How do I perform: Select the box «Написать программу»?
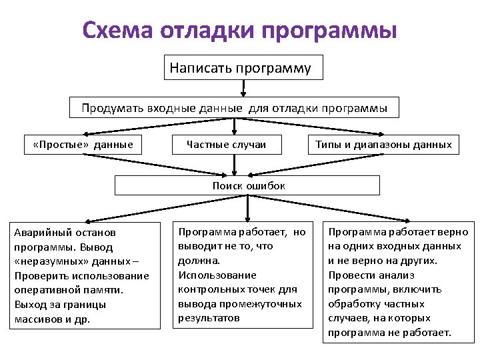click(x=243, y=68)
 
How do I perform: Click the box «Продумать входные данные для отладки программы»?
click(x=234, y=107)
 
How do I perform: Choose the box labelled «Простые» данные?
click(x=83, y=144)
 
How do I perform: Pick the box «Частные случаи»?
click(x=226, y=144)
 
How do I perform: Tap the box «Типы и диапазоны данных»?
click(x=383, y=144)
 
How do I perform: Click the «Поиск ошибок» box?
click(x=247, y=185)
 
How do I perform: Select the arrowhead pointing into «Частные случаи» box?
click(x=233, y=132)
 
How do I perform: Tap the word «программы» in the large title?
click(x=329, y=30)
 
